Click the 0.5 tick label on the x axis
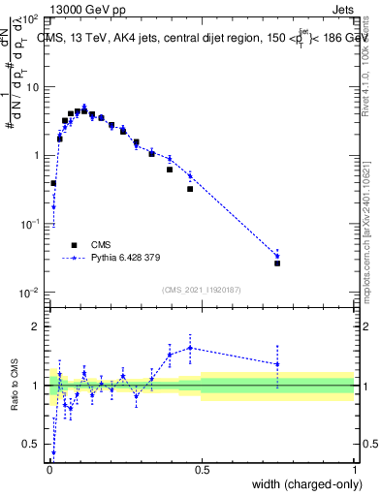click(x=202, y=469)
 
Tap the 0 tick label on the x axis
click(x=49, y=469)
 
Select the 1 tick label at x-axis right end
click(x=354, y=469)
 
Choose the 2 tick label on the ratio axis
click(x=37, y=326)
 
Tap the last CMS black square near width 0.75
click(x=277, y=263)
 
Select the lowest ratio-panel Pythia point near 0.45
click(x=53, y=452)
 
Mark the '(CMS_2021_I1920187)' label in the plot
click(x=202, y=290)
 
